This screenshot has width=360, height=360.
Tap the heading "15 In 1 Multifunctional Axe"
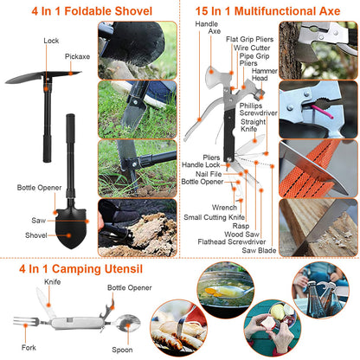(x=267, y=10)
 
